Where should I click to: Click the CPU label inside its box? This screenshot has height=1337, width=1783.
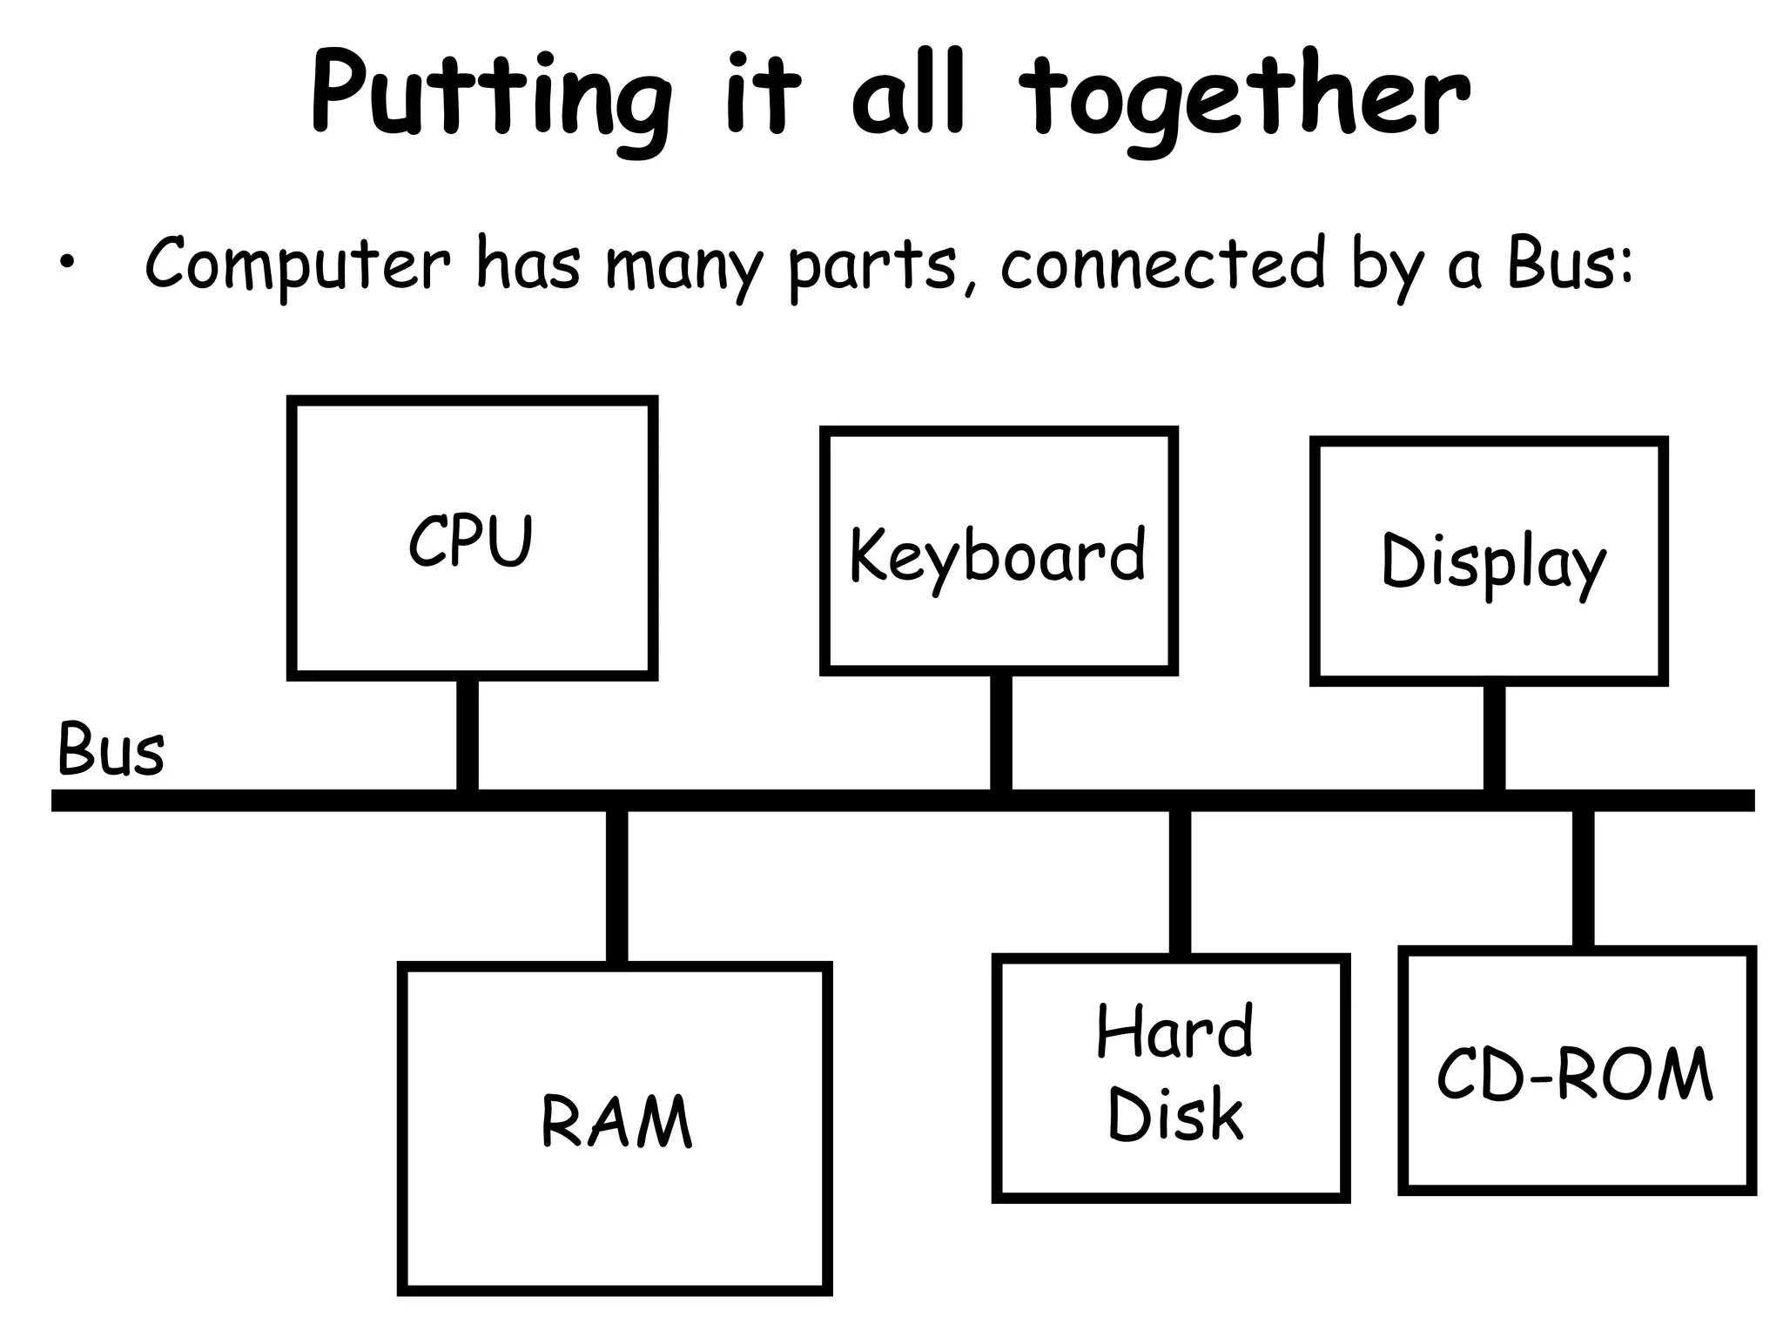tap(470, 541)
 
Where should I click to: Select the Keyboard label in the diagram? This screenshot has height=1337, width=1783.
tap(998, 556)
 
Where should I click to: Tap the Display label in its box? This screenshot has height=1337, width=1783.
tap(1492, 563)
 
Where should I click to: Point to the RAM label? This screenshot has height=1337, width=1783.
tap(616, 1122)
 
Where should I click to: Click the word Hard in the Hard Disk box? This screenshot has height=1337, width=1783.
tap(1174, 1031)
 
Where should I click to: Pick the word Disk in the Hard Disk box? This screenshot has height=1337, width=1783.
tap(1174, 1115)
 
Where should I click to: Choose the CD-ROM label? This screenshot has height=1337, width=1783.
tap(1575, 1075)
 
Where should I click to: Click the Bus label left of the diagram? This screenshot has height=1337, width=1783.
tap(111, 749)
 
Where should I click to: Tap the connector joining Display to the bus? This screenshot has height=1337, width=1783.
tap(1494, 737)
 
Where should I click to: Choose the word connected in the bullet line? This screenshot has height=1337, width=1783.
tap(1162, 264)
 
